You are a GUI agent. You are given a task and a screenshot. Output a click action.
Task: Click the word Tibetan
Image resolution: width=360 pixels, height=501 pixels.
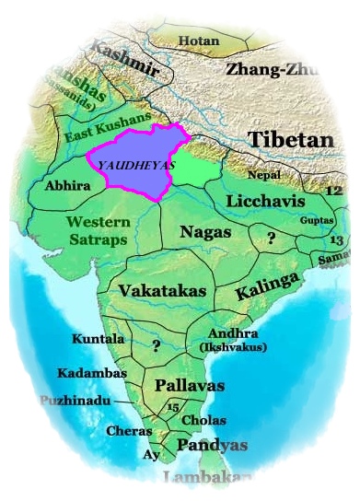click(289, 140)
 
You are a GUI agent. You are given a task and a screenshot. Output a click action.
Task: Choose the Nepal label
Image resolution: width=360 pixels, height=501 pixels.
click(264, 175)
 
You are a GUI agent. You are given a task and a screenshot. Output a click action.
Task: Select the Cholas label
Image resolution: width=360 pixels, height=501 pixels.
click(203, 420)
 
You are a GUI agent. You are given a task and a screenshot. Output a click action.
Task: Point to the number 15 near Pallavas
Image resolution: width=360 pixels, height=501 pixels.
click(172, 406)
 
